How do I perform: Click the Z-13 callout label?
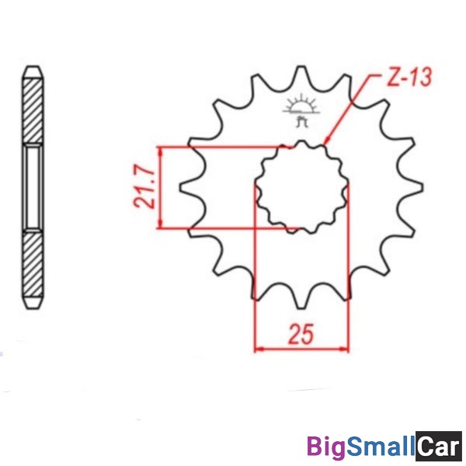(x=409, y=77)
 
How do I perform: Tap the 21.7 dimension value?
(x=144, y=186)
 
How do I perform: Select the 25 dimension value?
(x=301, y=334)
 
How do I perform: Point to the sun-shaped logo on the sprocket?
(x=301, y=110)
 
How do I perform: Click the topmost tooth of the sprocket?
(x=301, y=75)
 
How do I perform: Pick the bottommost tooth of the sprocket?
(x=301, y=300)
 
